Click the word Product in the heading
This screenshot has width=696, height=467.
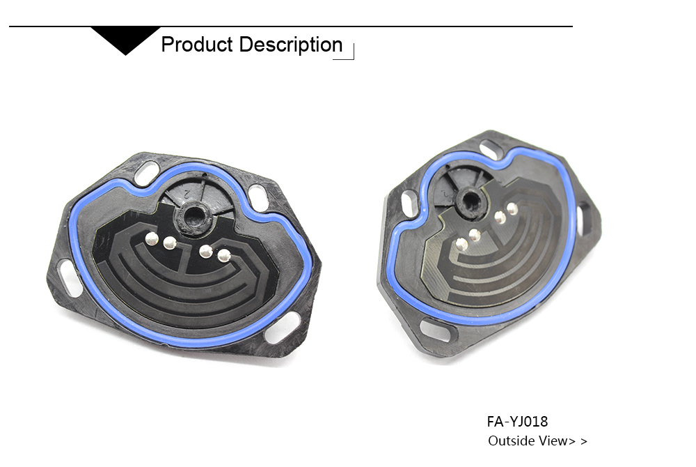click(x=197, y=45)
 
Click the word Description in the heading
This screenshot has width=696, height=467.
click(x=291, y=45)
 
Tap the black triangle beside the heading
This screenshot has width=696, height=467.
click(x=125, y=40)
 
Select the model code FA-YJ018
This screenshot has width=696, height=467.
click(x=517, y=421)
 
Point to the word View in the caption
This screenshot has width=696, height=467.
click(x=553, y=441)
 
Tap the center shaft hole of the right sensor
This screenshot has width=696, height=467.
click(x=470, y=200)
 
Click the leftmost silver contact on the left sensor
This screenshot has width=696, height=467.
click(x=152, y=238)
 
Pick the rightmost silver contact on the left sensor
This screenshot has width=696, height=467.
click(x=224, y=255)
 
